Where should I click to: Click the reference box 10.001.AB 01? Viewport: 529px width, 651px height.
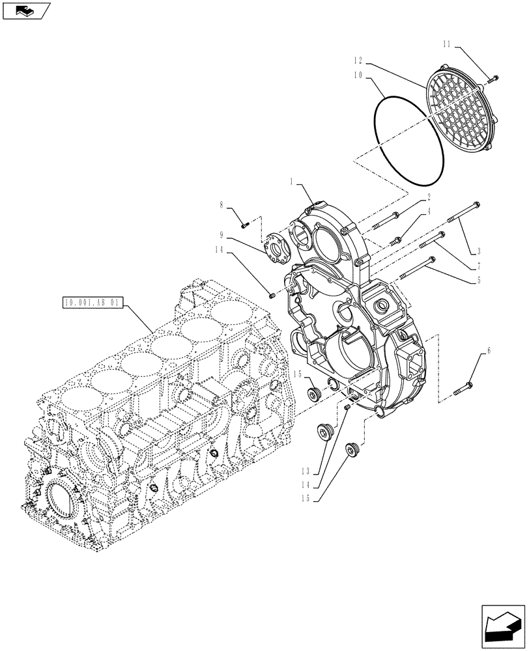tap(91, 302)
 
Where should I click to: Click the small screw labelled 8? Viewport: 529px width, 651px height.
tap(246, 225)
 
